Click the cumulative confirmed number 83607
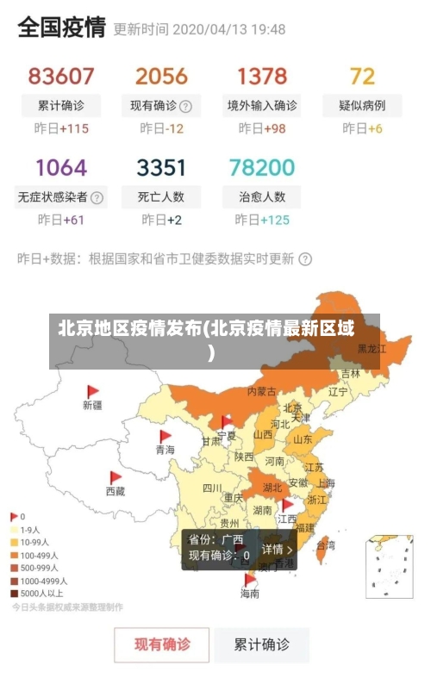pyautogui.click(x=61, y=76)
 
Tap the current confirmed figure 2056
pyautogui.click(x=161, y=76)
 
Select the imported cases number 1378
pyautogui.click(x=262, y=76)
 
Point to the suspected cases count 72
pyautogui.click(x=362, y=76)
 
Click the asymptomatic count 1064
pyautogui.click(x=61, y=166)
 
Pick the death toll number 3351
pyautogui.click(x=161, y=166)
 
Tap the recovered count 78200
pyautogui.click(x=262, y=166)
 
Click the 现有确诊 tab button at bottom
pyautogui.click(x=162, y=644)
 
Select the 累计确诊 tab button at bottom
pyautogui.click(x=262, y=644)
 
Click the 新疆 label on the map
pyautogui.click(x=92, y=404)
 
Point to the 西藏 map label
pyautogui.click(x=116, y=491)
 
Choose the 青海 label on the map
pyautogui.click(x=165, y=450)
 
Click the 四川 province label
pyautogui.click(x=212, y=488)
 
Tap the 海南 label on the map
pyautogui.click(x=250, y=594)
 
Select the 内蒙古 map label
pyautogui.click(x=261, y=391)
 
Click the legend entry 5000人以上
pyautogui.click(x=39, y=593)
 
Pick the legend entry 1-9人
pyautogui.click(x=30, y=530)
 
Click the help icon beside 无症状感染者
pyautogui.click(x=97, y=197)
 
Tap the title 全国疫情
pyautogui.click(x=61, y=28)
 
